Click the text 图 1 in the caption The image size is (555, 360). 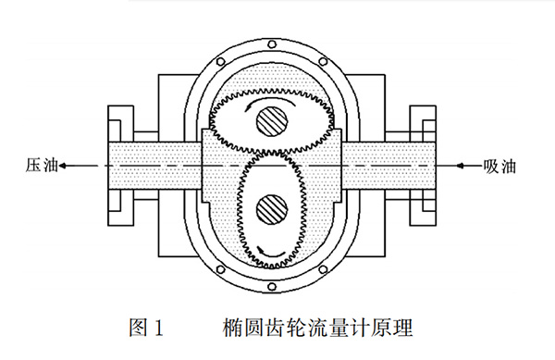pos(147,327)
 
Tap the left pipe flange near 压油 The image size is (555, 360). pos(117,167)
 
